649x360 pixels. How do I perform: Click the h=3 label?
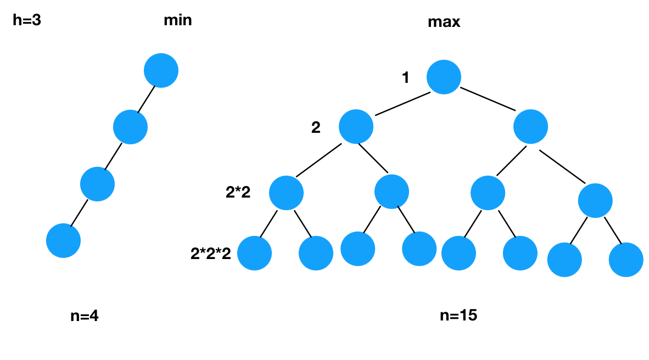[27, 21]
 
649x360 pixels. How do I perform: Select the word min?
[178, 21]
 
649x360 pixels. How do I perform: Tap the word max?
[444, 22]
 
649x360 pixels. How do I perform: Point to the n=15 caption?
[458, 316]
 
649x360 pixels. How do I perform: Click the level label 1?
[406, 78]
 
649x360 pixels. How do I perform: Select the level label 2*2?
[238, 192]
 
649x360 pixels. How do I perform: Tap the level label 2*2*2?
[211, 253]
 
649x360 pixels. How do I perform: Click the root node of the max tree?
[443, 77]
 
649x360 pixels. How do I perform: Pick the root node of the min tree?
[161, 70]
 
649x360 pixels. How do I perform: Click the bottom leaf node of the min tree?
[63, 240]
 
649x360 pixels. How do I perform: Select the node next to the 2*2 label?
[286, 193]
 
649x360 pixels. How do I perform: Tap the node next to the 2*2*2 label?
[255, 253]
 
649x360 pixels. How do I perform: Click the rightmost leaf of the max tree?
[625, 259]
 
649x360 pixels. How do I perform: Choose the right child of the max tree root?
[531, 127]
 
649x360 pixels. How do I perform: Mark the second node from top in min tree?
[130, 127]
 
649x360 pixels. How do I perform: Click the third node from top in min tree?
[97, 184]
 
